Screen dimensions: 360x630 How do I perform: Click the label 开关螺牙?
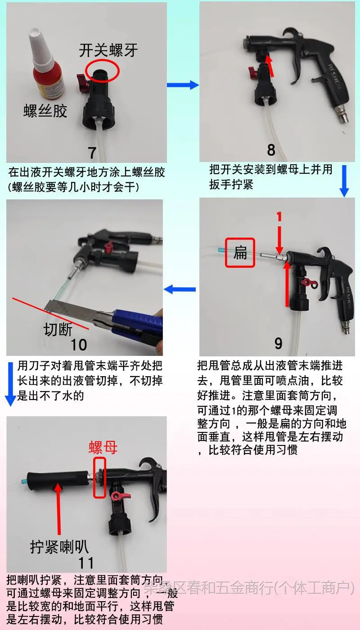tap(108, 50)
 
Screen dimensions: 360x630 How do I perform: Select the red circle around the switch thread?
tap(103, 71)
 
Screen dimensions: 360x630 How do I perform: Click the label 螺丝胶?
tap(45, 111)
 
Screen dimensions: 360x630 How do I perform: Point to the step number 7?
tap(92, 153)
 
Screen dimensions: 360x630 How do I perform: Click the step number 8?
tap(271, 150)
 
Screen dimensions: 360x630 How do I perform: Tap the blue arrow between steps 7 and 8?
tap(183, 85)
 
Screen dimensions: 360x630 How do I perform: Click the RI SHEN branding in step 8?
tap(335, 76)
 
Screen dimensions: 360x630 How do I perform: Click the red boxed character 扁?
tap(240, 252)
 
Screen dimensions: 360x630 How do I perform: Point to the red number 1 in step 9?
tap(279, 217)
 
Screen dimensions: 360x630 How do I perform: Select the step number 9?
tap(278, 343)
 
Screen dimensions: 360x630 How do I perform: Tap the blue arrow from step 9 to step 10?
tap(180, 289)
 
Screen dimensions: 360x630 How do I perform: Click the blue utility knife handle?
tap(137, 323)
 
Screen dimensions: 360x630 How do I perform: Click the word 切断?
tap(58, 329)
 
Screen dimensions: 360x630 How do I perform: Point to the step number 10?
tap(79, 345)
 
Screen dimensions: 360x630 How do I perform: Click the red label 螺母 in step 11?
tap(103, 447)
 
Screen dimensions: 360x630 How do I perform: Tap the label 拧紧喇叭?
tap(59, 547)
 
